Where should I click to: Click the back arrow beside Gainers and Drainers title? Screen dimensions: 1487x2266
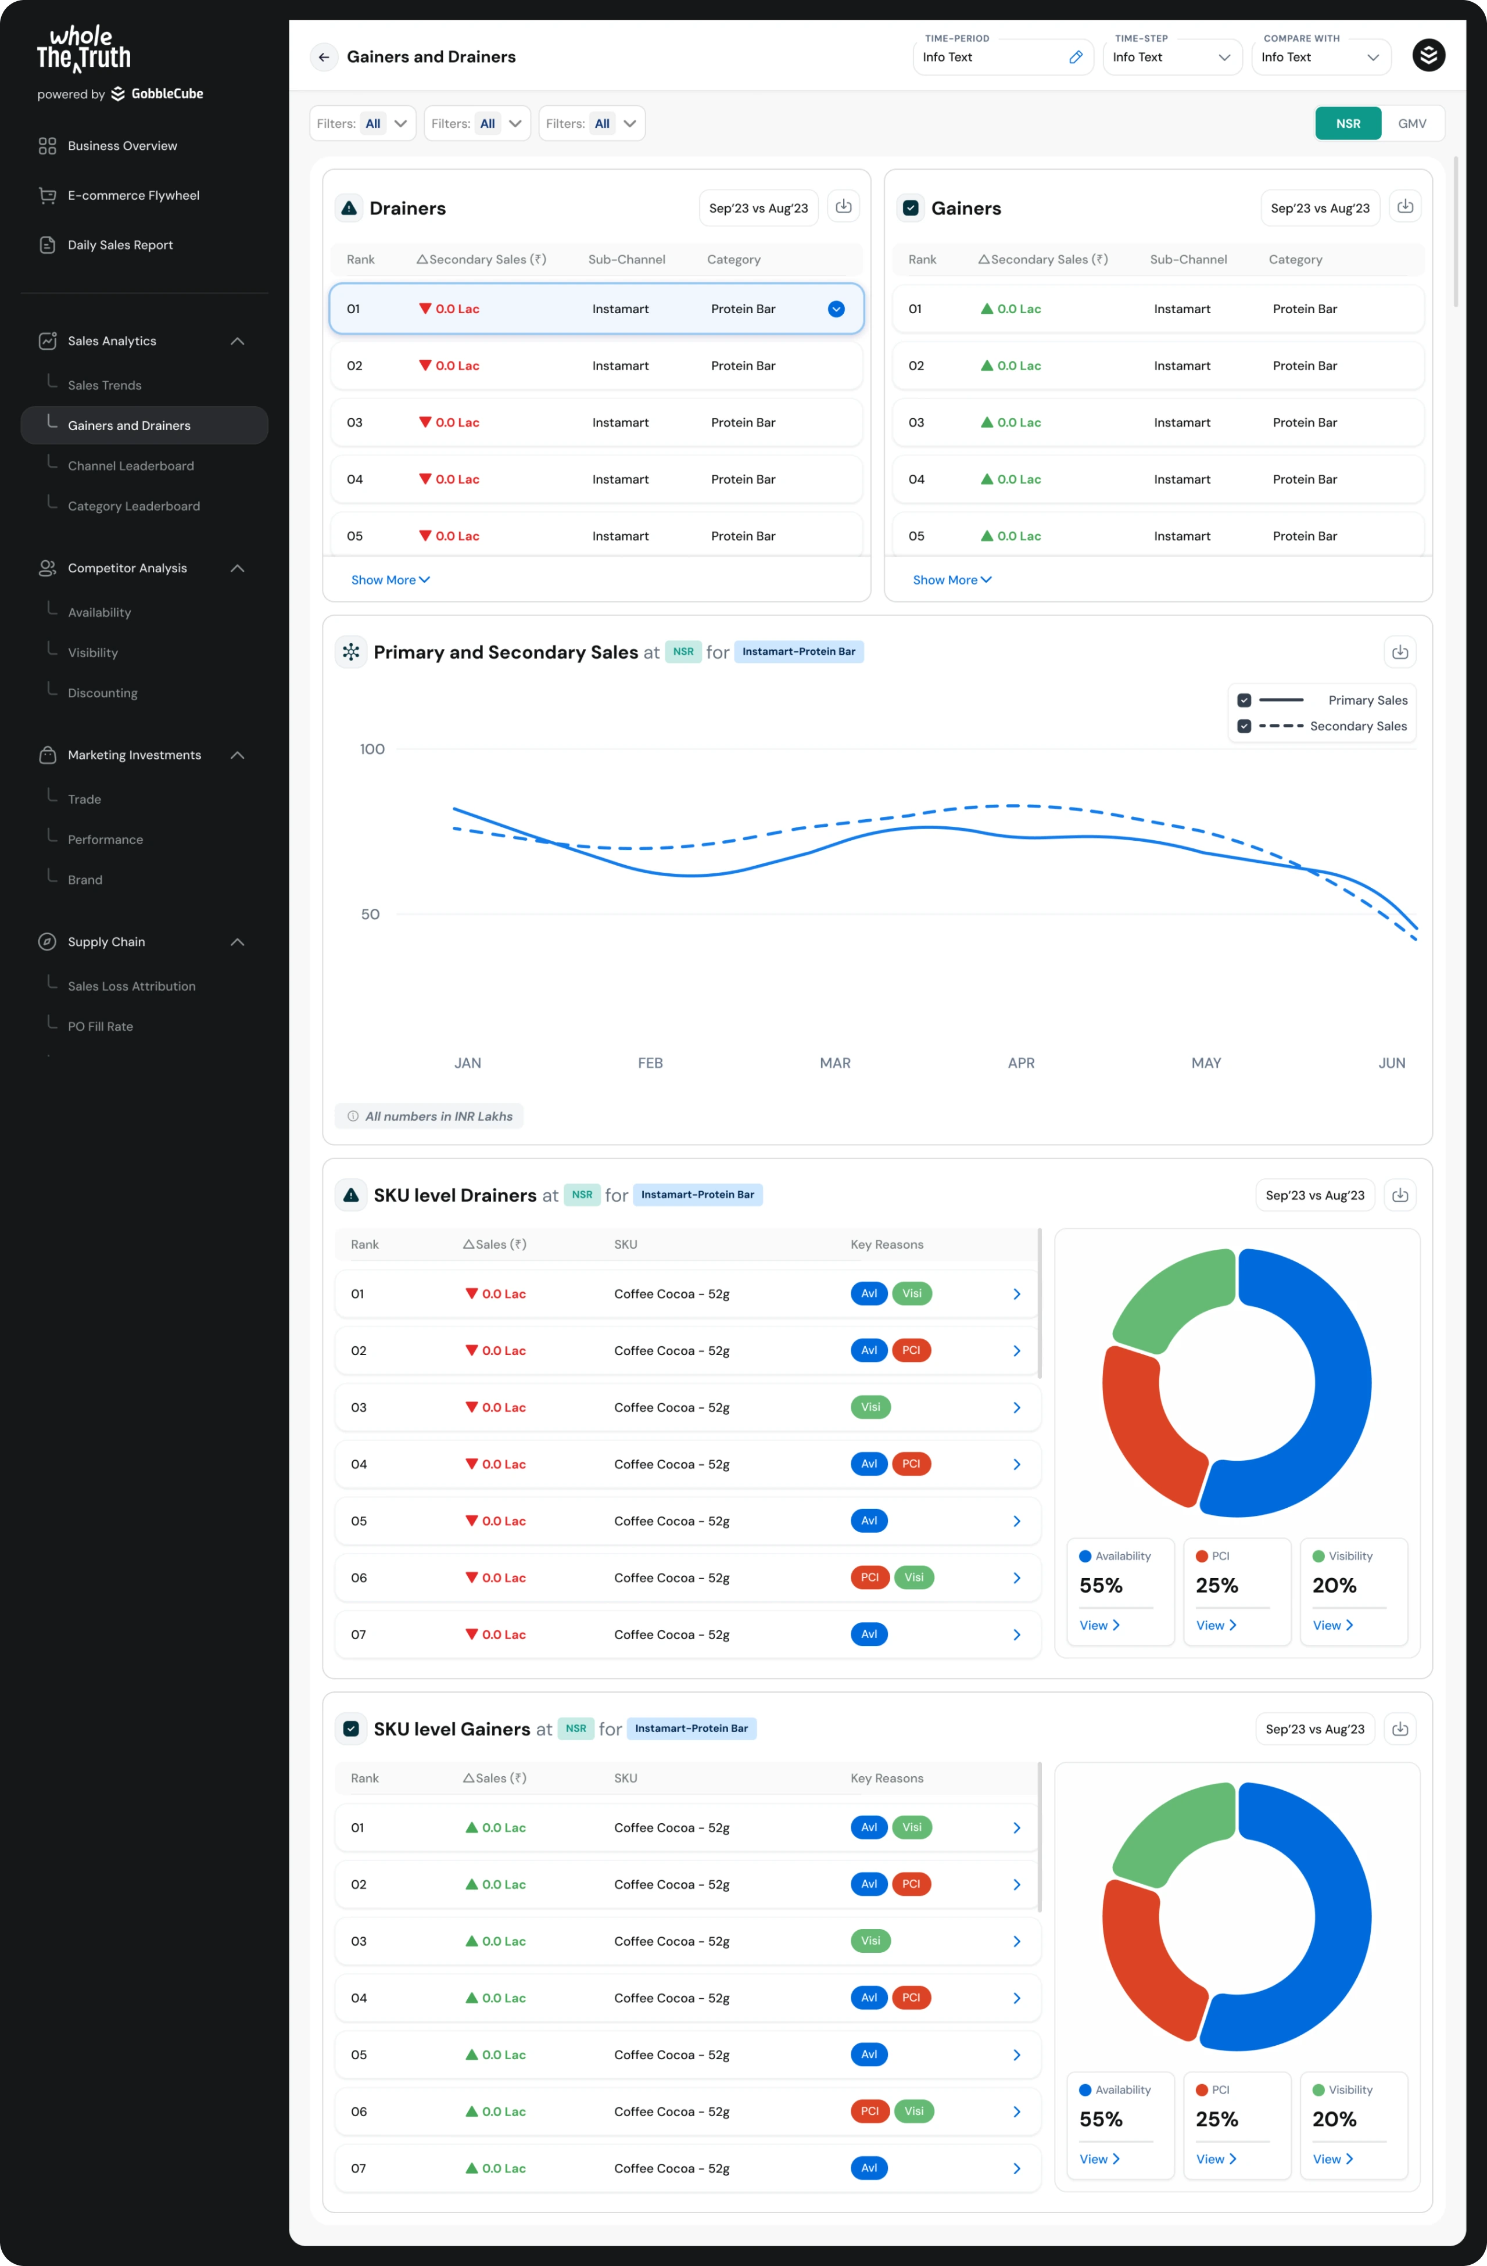pyautogui.click(x=324, y=57)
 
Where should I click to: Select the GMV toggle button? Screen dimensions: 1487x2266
pyautogui.click(x=1412, y=124)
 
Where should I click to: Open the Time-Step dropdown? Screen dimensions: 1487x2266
pyautogui.click(x=1172, y=57)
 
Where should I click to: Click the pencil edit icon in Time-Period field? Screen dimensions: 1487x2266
pyautogui.click(x=1075, y=57)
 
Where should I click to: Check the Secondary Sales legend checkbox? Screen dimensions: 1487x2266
pyautogui.click(x=1244, y=726)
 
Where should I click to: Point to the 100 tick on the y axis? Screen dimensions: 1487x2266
pyautogui.click(x=372, y=750)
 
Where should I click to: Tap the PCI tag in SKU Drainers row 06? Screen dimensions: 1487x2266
pyautogui.click(x=869, y=1577)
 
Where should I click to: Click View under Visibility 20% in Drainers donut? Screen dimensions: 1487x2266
pyautogui.click(x=1332, y=1625)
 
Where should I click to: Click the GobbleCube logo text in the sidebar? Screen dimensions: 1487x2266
pyautogui.click(x=167, y=94)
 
